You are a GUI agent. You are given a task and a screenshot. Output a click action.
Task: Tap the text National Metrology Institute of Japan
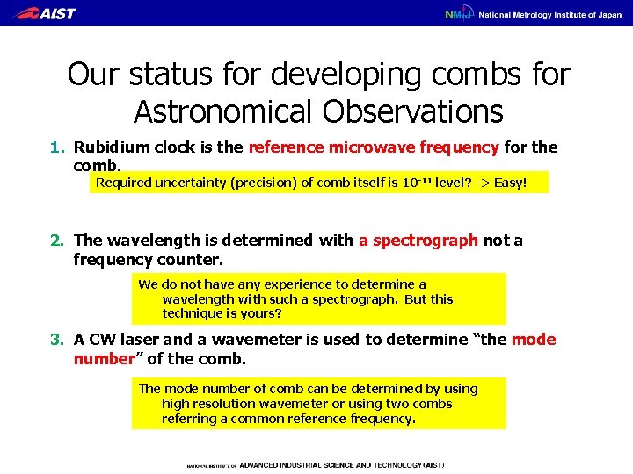click(x=549, y=14)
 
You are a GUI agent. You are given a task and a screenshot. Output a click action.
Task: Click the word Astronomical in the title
click(x=227, y=111)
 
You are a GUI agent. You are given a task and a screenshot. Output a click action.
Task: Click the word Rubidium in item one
click(x=112, y=147)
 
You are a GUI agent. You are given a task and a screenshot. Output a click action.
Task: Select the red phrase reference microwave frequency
click(x=374, y=147)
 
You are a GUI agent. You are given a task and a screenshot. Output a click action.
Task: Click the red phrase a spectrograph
click(x=418, y=241)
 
